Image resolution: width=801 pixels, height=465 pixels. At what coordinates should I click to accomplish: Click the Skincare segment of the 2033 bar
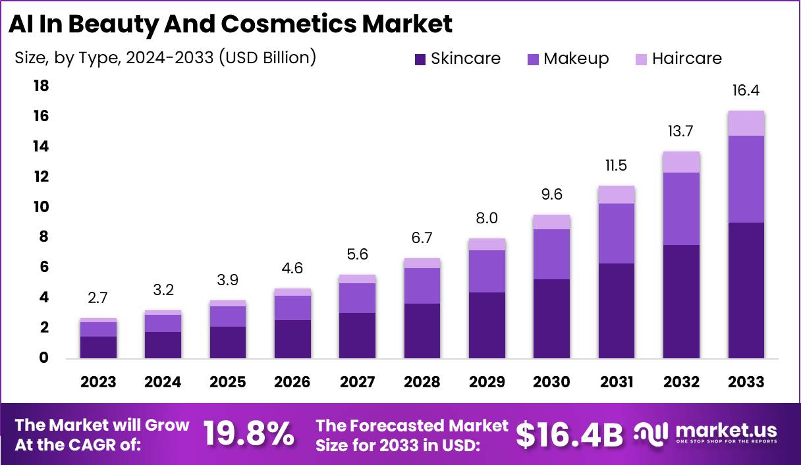click(746, 290)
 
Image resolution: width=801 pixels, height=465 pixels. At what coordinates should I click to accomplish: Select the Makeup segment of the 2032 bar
click(681, 209)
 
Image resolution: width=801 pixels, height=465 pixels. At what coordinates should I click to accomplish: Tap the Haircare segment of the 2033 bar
click(746, 123)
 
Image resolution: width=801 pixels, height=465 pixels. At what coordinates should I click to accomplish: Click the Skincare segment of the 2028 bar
click(422, 331)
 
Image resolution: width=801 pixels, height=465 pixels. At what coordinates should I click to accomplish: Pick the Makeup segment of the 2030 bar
click(551, 254)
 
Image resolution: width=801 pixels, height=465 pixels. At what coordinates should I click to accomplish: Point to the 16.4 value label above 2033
click(746, 90)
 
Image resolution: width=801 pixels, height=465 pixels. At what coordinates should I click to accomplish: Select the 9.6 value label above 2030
click(551, 195)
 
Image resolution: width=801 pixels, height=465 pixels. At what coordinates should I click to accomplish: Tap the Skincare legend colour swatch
click(420, 59)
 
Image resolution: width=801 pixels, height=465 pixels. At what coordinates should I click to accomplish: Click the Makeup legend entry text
click(576, 59)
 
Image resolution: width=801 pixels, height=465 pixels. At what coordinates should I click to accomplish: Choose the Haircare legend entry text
click(686, 59)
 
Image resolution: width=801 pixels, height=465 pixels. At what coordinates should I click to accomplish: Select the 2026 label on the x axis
click(292, 382)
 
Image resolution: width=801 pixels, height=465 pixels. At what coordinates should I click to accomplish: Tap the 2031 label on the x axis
click(617, 382)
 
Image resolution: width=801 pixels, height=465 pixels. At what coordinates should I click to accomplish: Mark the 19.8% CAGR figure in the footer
click(248, 434)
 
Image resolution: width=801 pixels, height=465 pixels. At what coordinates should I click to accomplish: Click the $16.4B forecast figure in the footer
click(569, 434)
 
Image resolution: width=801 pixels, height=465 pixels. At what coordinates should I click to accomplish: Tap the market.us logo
click(705, 433)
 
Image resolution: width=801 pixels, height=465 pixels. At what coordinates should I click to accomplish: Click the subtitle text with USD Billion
click(165, 57)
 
